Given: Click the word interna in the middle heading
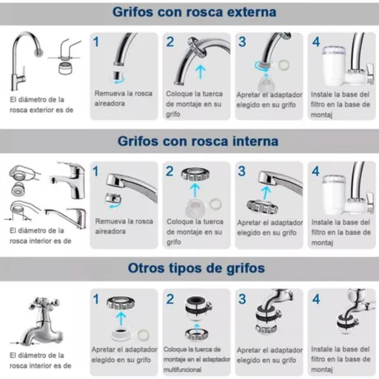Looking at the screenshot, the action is coord(255,141).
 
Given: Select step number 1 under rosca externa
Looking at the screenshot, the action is coord(96,42).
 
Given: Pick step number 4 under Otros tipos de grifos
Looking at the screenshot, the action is coord(316,299).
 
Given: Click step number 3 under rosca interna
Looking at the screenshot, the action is coord(242,171).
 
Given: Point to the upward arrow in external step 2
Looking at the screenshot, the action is coord(200,72).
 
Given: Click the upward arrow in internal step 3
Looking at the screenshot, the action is coord(266,193).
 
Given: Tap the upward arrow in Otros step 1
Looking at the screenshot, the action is coord(121,319).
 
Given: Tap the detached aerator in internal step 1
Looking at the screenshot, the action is coord(113,198).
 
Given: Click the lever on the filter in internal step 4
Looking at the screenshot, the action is coord(370,202).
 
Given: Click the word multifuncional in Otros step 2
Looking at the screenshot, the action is coord(183,370).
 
